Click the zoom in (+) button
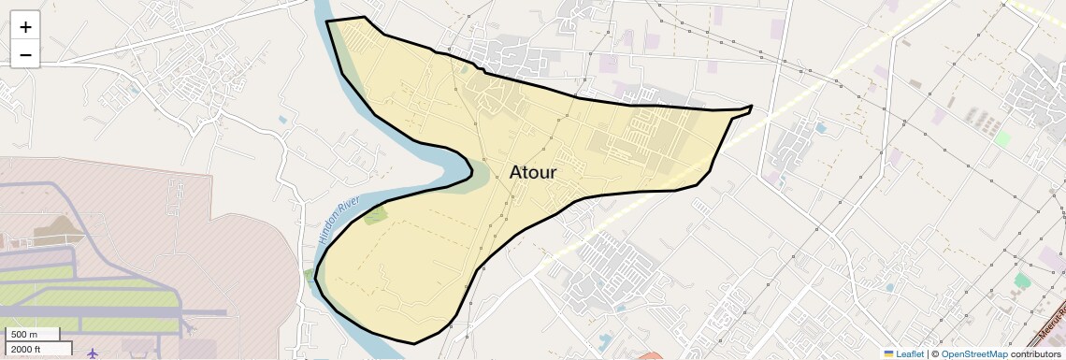(25, 27)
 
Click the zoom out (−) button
(25, 55)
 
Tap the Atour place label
(533, 173)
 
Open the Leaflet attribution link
(909, 353)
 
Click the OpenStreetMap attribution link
(973, 353)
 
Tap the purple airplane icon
(93, 353)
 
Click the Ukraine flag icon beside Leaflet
(888, 353)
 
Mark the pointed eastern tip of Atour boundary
(751, 107)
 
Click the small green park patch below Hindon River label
(375, 216)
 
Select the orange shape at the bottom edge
(649, 355)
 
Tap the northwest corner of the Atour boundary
(326, 21)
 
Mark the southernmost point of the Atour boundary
(413, 342)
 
